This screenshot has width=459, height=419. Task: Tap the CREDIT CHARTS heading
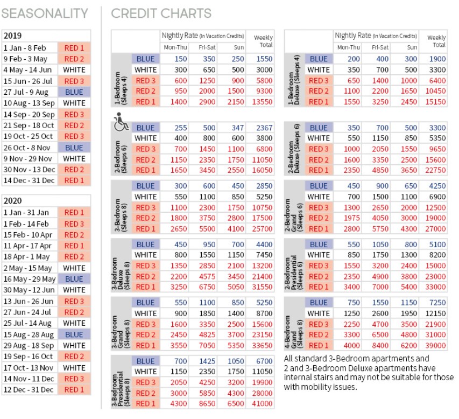pyautogui.click(x=161, y=13)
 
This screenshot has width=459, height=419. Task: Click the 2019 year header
pyautogui.click(x=13, y=36)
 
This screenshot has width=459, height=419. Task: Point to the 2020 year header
pyautogui.click(x=13, y=200)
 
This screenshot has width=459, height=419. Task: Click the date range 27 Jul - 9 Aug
pyautogui.click(x=29, y=92)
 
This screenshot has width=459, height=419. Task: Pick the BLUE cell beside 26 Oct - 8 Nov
pyautogui.click(x=74, y=147)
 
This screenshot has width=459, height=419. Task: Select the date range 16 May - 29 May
pyautogui.click(x=29, y=279)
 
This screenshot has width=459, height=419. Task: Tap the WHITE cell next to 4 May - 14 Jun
pyautogui.click(x=74, y=70)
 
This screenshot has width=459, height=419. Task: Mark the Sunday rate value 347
pyautogui.click(x=238, y=128)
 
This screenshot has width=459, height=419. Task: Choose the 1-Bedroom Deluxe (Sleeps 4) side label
pyautogui.click(x=295, y=80)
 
